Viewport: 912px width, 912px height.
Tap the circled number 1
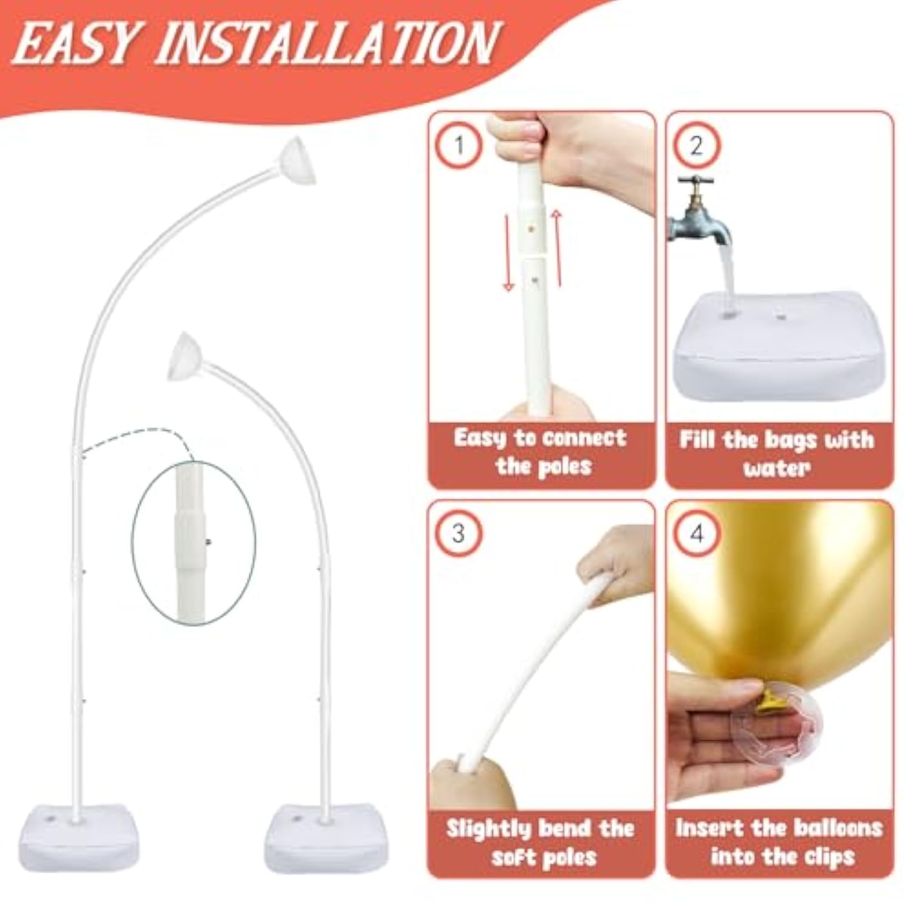459,145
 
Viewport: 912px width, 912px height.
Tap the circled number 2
697,145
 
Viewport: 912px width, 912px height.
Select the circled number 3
459,534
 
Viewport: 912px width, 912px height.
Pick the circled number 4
697,534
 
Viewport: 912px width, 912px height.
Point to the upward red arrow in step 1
557,246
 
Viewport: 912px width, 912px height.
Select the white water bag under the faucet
778,350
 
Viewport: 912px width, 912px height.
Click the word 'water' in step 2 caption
776,468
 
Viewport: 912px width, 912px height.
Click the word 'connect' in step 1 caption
582,438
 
